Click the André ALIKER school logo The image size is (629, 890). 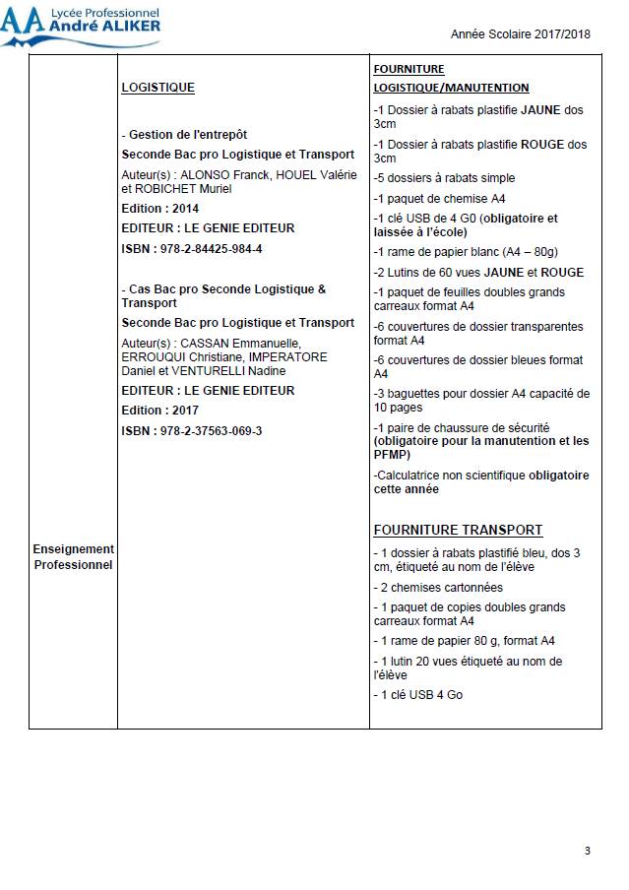click(x=81, y=25)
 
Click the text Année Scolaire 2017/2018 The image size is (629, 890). click(x=520, y=33)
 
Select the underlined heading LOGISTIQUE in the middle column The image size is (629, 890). click(x=157, y=88)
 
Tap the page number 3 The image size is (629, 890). click(x=588, y=851)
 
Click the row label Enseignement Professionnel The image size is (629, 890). click(x=73, y=556)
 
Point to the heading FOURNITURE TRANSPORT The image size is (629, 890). click(x=458, y=530)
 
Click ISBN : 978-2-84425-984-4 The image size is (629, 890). click(x=191, y=248)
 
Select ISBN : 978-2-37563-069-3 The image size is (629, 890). click(x=191, y=430)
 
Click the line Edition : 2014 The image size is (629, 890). click(x=159, y=208)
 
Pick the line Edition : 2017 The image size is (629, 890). click(x=159, y=410)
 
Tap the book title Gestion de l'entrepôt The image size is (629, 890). click(x=187, y=135)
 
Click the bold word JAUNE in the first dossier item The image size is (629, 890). click(x=541, y=110)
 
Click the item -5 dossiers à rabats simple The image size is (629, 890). click(x=444, y=178)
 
